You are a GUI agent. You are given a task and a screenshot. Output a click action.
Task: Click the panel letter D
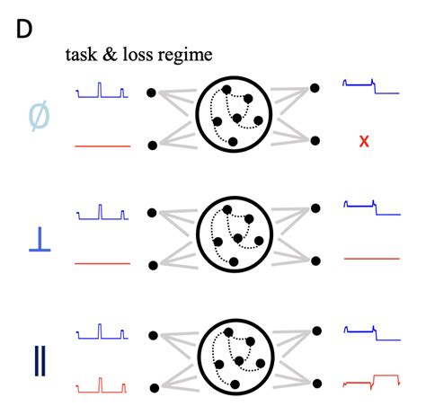[x=25, y=29]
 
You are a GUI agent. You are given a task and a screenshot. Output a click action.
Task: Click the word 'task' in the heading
[x=79, y=55]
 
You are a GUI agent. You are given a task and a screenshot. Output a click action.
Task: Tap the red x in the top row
[x=364, y=141]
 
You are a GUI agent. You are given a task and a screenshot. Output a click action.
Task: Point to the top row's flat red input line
[x=102, y=145]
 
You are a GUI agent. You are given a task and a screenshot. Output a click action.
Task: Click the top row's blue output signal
[x=369, y=86]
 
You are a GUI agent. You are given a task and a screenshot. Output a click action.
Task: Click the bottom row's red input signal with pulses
[x=102, y=386]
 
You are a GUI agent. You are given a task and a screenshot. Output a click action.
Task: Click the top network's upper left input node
[x=152, y=92]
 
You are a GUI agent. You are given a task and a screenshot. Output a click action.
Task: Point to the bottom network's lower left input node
[x=152, y=386]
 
